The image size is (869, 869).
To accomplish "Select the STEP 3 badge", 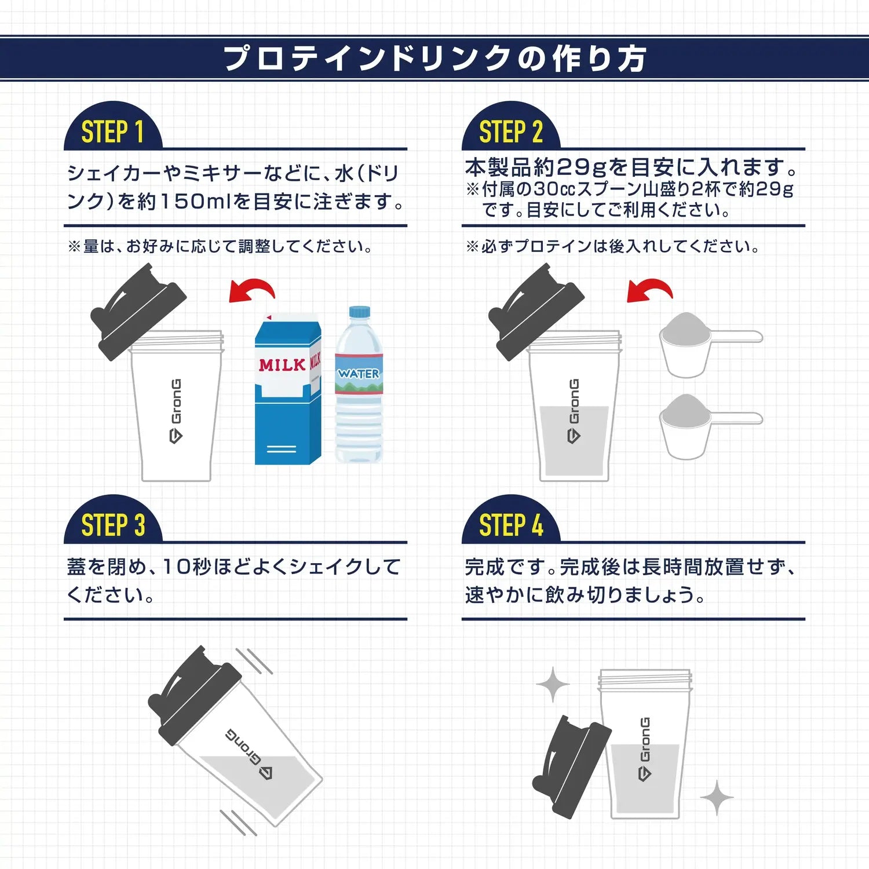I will click(x=112, y=525).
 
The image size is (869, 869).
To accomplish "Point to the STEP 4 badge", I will click(x=510, y=525).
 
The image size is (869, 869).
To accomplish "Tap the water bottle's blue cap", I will click(x=359, y=312).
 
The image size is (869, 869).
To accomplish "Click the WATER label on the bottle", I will click(x=359, y=374).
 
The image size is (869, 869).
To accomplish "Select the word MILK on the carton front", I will click(x=282, y=365).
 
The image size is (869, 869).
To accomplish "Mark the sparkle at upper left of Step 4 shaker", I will click(x=553, y=684).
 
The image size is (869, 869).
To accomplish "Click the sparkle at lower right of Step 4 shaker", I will click(x=717, y=798).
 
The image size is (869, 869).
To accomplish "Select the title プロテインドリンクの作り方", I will click(x=434, y=59).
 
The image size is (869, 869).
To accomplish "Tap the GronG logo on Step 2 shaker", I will click(x=574, y=410).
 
